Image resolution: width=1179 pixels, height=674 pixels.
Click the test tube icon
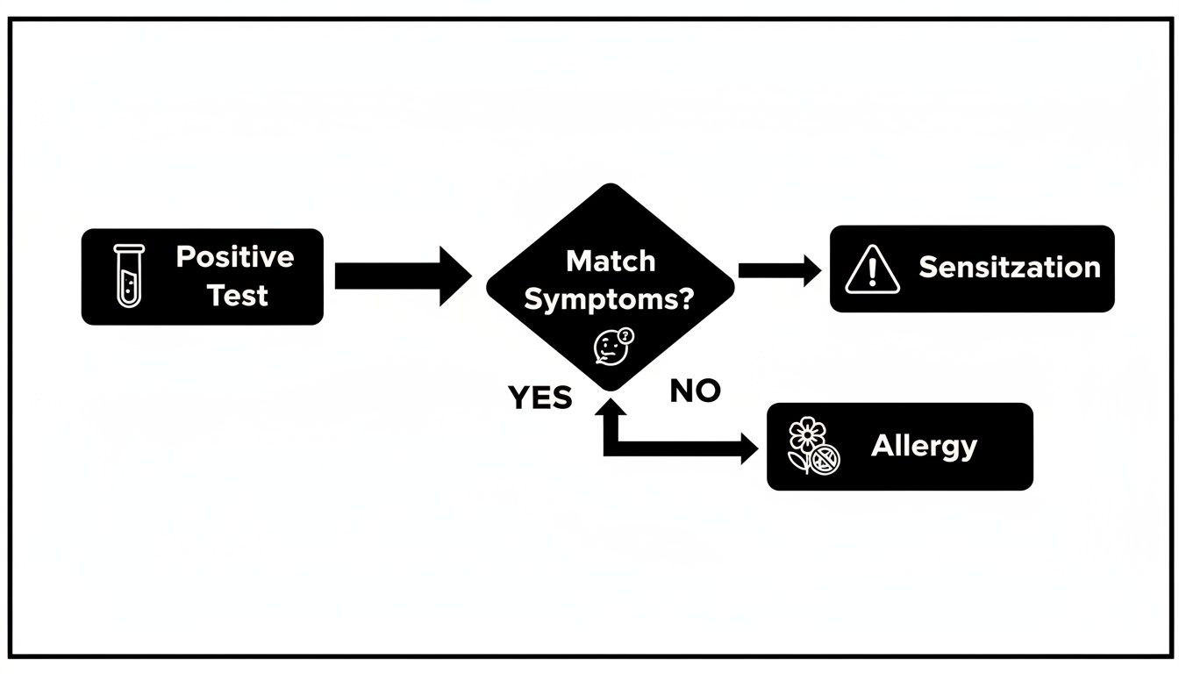(x=127, y=276)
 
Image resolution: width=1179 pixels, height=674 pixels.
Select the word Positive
(x=235, y=257)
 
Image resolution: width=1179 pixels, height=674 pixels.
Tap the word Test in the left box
(x=237, y=296)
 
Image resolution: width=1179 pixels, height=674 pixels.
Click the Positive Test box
(x=202, y=276)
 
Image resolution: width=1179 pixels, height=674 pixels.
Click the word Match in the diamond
(x=611, y=261)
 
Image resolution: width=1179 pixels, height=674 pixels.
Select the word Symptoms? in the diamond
(x=610, y=299)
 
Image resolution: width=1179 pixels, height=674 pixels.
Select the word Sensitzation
(x=1009, y=268)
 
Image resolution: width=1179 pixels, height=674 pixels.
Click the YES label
(x=540, y=398)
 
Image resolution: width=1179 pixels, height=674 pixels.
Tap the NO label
(x=695, y=391)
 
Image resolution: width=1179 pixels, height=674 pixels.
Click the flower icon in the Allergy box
(x=813, y=447)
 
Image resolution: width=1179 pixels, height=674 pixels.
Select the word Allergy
(x=924, y=446)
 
